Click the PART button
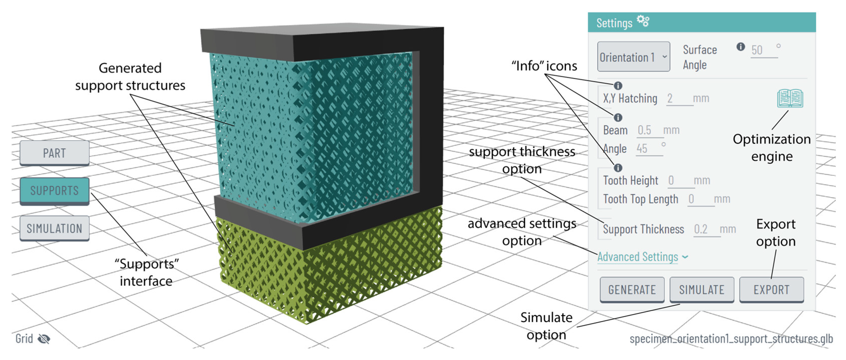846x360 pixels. tap(55, 153)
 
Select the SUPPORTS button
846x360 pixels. tap(55, 191)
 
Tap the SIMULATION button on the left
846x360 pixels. tap(55, 228)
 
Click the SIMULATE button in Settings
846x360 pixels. tap(701, 290)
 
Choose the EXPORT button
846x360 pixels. tap(771, 290)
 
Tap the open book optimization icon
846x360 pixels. tap(790, 98)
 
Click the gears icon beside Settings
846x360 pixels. tap(643, 21)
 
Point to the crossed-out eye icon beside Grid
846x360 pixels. tap(44, 339)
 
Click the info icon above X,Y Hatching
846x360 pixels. tap(618, 86)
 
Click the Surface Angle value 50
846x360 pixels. tap(757, 50)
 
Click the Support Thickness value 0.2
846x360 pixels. tap(701, 229)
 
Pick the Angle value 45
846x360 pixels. tap(642, 149)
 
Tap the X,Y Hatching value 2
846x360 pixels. tap(670, 99)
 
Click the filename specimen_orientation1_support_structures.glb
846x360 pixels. tap(731, 339)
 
